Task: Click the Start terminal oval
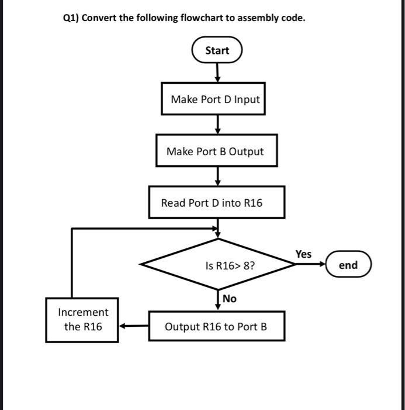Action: pos(217,50)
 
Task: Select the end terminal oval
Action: pos(348,265)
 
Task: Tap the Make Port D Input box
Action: pos(214,99)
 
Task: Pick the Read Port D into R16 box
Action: pos(217,203)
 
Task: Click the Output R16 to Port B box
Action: pos(217,326)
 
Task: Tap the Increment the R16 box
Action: pos(82,320)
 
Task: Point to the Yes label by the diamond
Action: pos(303,254)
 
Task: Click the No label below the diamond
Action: pos(230,299)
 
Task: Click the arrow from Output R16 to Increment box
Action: pos(134,326)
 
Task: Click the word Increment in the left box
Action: pos(83,312)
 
